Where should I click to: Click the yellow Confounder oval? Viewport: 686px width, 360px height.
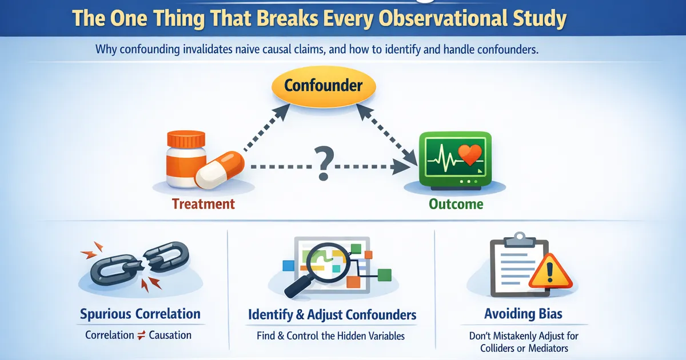click(x=323, y=86)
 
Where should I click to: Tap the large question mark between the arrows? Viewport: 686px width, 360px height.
click(x=322, y=164)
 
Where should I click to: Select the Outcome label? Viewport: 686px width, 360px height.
click(x=456, y=204)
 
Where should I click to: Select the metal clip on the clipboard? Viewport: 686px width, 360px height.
click(x=519, y=237)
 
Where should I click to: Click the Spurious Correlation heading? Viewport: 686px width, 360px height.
click(x=140, y=314)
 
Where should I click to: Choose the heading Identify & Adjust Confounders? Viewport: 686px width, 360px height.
click(x=332, y=315)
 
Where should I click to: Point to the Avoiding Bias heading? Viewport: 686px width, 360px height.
click(x=523, y=314)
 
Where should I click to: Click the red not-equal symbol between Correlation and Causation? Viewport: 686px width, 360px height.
click(x=141, y=335)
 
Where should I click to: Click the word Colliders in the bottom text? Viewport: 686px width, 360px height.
click(x=495, y=348)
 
